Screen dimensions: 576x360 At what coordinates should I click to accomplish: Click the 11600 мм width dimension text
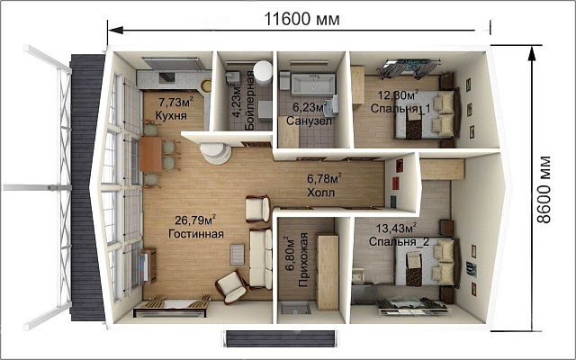(x=302, y=19)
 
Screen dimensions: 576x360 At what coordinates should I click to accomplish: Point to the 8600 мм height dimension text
(x=544, y=190)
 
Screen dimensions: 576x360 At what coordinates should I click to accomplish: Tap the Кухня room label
(x=171, y=115)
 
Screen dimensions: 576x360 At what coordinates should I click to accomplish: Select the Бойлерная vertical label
(x=249, y=100)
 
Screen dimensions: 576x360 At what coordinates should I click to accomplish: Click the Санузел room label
(x=309, y=121)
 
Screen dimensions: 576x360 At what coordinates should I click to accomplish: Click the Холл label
(x=321, y=193)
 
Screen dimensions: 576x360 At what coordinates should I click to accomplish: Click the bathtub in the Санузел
(x=313, y=84)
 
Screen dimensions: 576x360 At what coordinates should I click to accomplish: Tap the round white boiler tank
(x=263, y=70)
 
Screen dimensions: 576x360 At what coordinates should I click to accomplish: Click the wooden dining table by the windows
(x=150, y=154)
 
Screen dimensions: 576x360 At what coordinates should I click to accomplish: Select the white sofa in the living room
(x=260, y=258)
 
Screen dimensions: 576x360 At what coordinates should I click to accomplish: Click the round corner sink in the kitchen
(x=206, y=85)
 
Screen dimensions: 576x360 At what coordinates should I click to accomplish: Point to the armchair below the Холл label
(x=258, y=209)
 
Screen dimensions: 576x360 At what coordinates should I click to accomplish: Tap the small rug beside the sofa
(x=238, y=254)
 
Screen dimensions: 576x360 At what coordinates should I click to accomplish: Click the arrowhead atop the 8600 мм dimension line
(x=531, y=54)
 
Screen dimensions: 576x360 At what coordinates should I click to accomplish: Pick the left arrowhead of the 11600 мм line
(x=115, y=30)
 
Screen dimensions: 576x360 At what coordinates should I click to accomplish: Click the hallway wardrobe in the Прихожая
(x=328, y=272)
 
